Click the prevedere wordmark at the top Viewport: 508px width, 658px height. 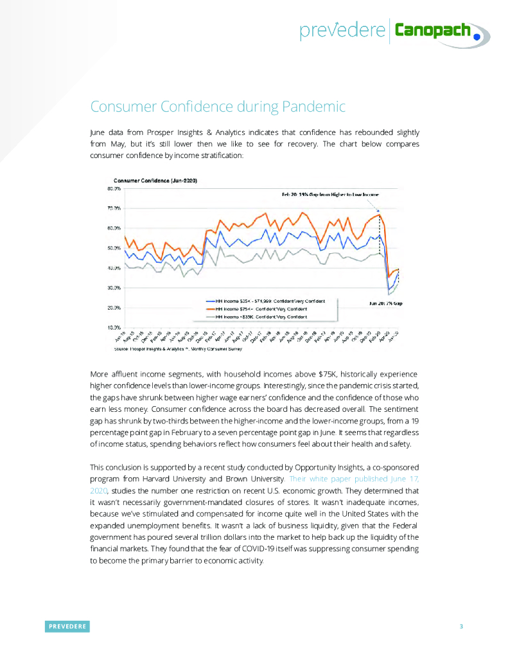pyautogui.click(x=342, y=30)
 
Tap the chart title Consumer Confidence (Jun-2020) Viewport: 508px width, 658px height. pyautogui.click(x=155, y=181)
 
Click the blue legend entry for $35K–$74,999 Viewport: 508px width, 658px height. pyautogui.click(x=270, y=301)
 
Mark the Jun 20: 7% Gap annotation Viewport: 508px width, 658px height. pyautogui.click(x=385, y=303)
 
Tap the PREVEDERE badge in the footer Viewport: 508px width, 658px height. pyautogui.click(x=67, y=627)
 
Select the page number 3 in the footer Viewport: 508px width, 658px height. pyautogui.click(x=461, y=627)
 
